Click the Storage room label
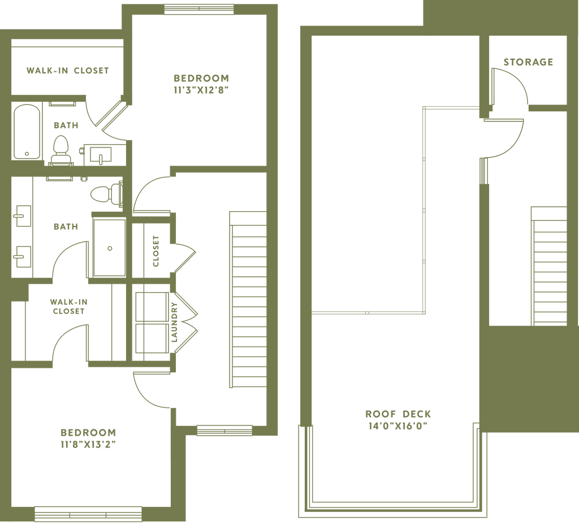(528, 62)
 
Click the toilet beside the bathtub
(59, 148)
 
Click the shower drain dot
(110, 247)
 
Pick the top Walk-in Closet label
(67, 71)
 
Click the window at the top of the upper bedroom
(199, 8)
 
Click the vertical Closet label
(155, 250)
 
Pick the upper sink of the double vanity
(21, 215)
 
